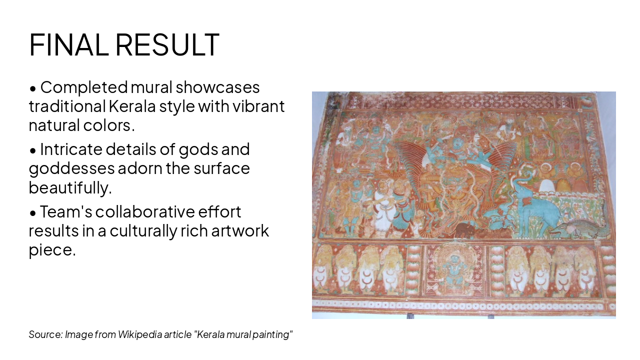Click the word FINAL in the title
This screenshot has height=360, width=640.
(68, 44)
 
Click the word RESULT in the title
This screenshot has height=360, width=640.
(167, 44)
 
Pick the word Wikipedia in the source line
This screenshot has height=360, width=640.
(140, 334)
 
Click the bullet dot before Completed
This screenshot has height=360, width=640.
(33, 88)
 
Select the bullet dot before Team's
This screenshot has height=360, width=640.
(33, 213)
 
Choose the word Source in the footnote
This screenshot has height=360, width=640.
(45, 334)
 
